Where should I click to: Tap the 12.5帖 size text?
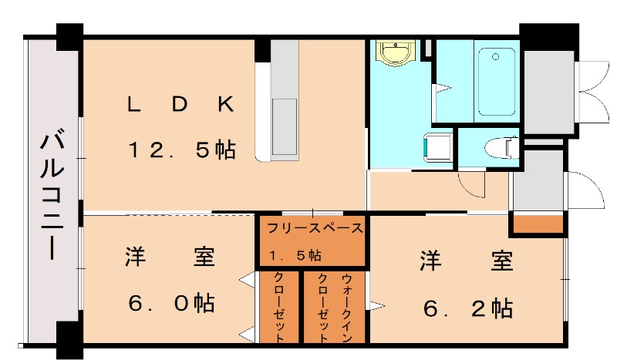[180, 150]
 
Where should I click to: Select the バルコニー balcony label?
[52, 197]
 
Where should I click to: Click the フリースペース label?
[314, 228]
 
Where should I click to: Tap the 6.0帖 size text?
[170, 302]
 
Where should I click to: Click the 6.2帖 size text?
[468, 308]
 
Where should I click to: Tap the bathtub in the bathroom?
[495, 81]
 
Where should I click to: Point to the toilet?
[501, 146]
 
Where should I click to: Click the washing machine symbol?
[437, 147]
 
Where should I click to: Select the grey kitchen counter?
[284, 100]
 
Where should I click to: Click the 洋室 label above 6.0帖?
[170, 257]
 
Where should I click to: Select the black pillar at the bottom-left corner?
[69, 338]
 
